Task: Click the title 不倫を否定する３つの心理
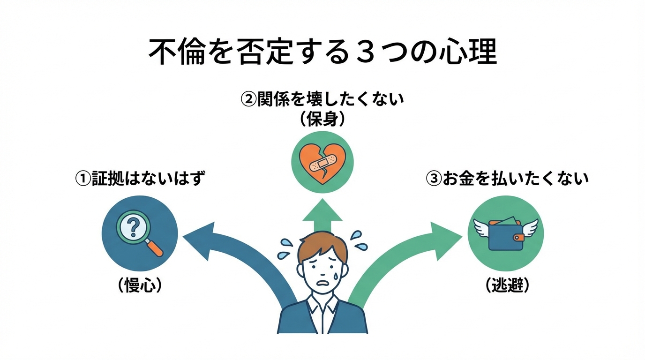point(322,52)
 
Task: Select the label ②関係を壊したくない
point(322,100)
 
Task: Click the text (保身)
point(322,120)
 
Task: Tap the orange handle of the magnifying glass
point(156,248)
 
